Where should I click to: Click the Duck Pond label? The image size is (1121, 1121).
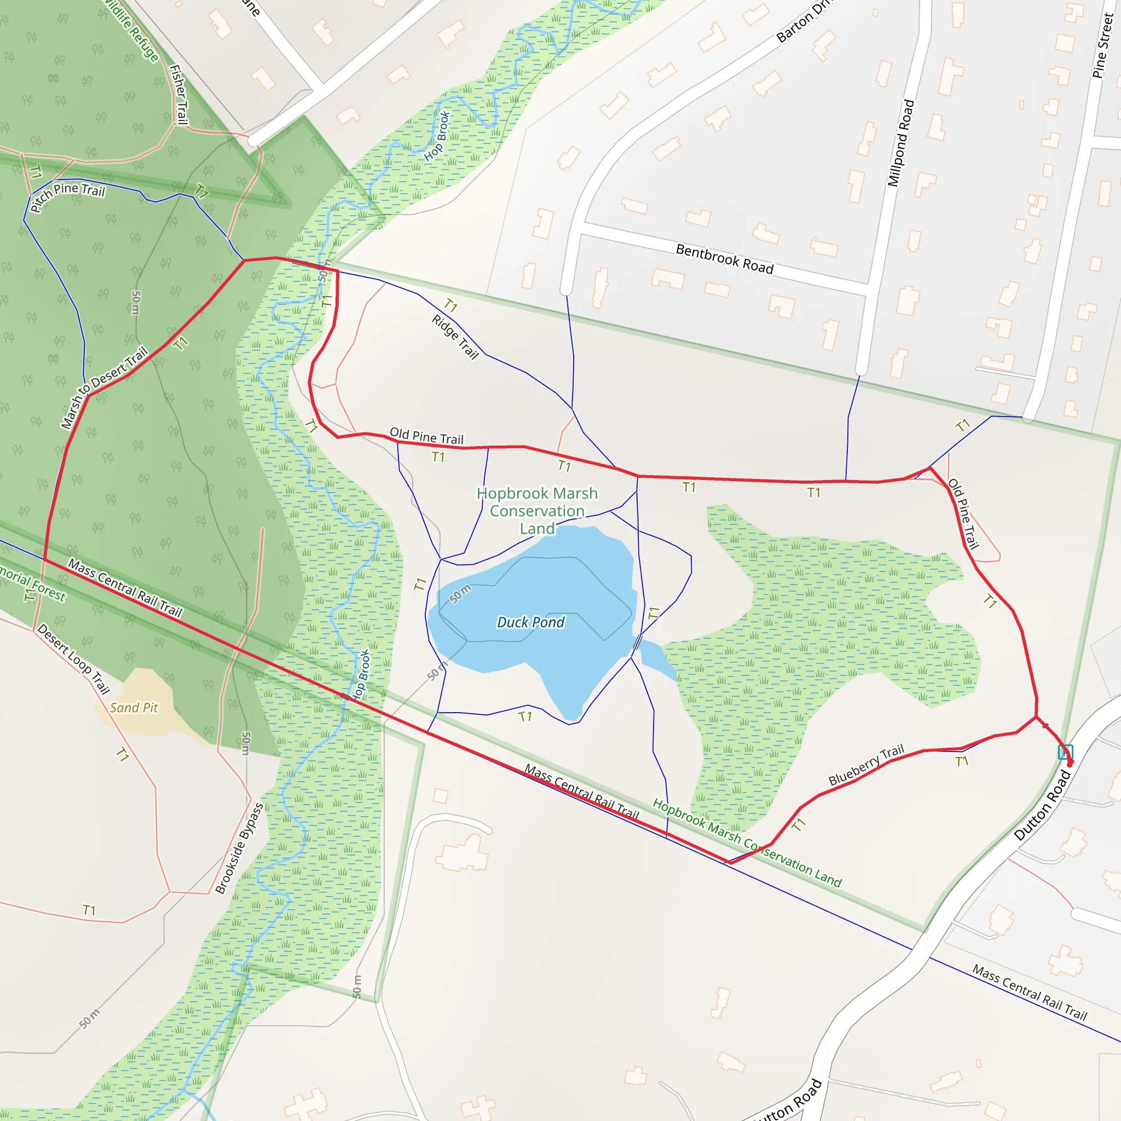(530, 622)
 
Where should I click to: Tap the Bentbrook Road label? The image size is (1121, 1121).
(725, 259)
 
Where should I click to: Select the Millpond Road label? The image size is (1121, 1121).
(900, 143)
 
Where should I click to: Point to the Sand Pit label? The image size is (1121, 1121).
(134, 708)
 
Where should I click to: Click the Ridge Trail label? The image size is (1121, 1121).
(455, 337)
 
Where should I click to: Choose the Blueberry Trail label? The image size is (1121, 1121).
(866, 765)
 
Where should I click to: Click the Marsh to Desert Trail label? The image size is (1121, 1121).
(105, 387)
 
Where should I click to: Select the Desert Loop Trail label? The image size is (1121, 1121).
(74, 658)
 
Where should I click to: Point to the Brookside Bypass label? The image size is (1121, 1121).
(239, 848)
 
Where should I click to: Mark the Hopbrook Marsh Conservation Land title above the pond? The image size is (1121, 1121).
(537, 511)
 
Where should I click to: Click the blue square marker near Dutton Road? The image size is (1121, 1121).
(1065, 752)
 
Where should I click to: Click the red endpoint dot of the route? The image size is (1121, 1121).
(1071, 764)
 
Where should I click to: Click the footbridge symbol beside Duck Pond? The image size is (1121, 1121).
(638, 642)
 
